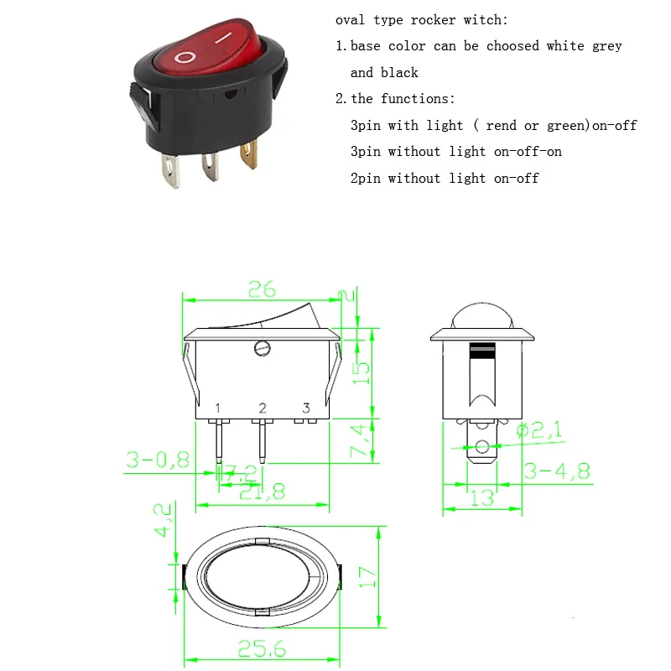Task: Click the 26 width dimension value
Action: pos(261,289)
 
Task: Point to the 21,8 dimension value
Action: pos(262,491)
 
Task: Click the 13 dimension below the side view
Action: pos(481,497)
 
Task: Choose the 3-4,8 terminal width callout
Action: pos(557,471)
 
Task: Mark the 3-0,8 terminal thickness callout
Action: pos(158,460)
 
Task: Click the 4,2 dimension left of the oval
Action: pos(164,520)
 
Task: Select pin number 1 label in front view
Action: pos(218,408)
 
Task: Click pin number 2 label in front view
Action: pos(263,408)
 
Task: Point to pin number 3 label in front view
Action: pos(306,408)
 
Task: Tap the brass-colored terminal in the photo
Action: pos(249,158)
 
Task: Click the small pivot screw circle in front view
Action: pos(261,346)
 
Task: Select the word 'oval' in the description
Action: pos(351,20)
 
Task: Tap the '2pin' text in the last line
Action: pos(366,178)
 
